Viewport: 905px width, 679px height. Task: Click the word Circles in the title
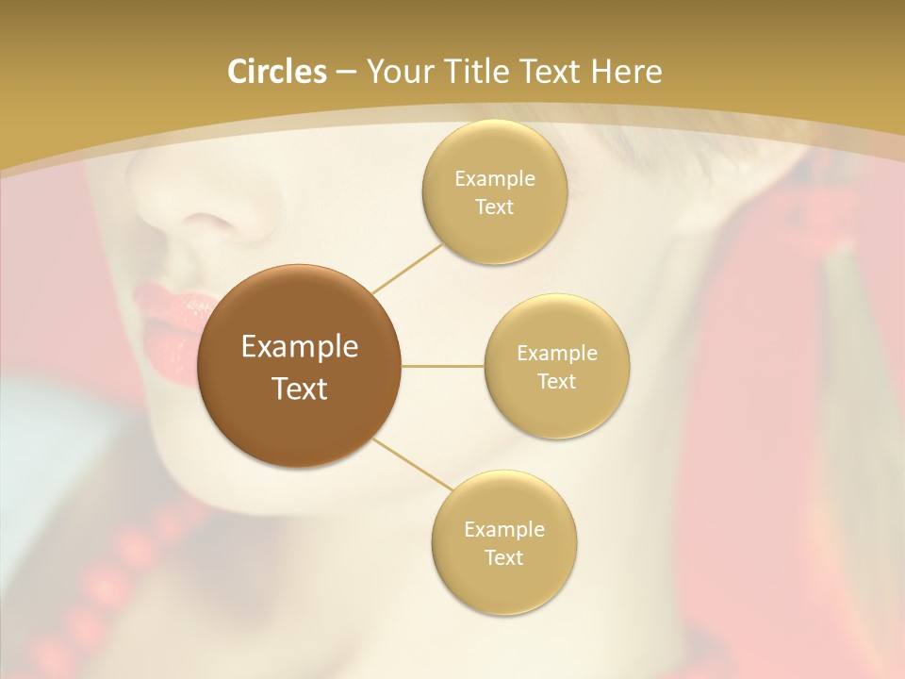point(277,72)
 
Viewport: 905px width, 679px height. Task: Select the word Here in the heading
point(626,72)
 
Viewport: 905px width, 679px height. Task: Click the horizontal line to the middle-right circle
point(443,367)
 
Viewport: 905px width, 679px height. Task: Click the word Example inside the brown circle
point(300,347)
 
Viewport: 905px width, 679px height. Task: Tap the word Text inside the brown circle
point(300,389)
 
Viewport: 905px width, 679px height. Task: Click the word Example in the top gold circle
point(495,179)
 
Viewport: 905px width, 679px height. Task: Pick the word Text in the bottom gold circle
point(503,558)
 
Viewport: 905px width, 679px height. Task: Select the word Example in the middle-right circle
point(557,354)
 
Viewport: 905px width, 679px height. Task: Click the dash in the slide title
point(346,73)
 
